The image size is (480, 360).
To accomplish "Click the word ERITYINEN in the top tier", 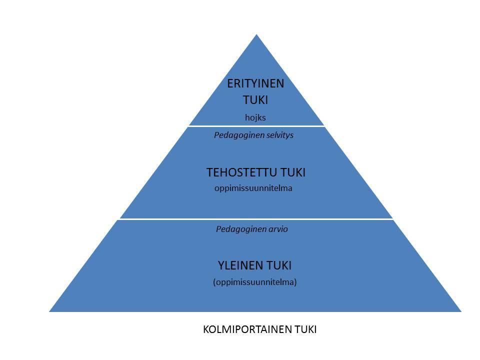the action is point(255,83).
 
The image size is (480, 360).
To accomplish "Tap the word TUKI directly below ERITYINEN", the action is point(255,100).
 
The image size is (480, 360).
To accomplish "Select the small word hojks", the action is point(255,117).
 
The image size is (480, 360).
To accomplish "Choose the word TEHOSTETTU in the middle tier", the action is point(242,172).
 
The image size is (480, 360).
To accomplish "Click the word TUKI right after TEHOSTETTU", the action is point(293,172).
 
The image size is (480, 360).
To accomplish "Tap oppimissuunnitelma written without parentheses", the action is point(253,188).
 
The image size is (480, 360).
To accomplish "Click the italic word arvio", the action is point(277,229).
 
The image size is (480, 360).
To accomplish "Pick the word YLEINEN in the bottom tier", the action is point(240,265).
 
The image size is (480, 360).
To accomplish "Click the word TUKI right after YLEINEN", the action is point(279,265).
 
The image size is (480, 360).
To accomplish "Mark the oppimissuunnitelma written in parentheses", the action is point(254,282).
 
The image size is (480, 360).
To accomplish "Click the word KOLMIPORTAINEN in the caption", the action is point(247,329).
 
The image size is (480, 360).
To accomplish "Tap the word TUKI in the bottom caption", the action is point(305,329).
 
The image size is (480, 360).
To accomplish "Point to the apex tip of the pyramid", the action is point(256,34).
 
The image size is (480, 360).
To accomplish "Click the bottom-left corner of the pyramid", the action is point(49,311).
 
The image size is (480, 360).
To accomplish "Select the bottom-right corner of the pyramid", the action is point(461,311).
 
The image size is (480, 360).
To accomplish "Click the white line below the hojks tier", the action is point(256,126).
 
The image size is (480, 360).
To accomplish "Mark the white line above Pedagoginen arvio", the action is point(256,219).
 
